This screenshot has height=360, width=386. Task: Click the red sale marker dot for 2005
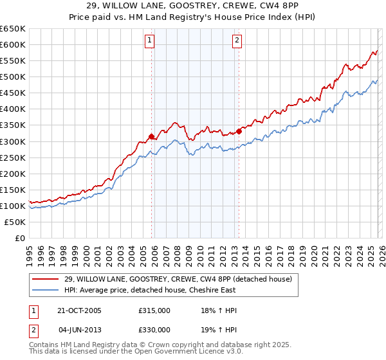pyautogui.click(x=152, y=136)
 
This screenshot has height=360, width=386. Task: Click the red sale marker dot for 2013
pyautogui.click(x=239, y=131)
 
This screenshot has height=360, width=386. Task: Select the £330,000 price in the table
pyautogui.click(x=154, y=330)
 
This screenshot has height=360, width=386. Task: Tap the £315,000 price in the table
pyautogui.click(x=154, y=310)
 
